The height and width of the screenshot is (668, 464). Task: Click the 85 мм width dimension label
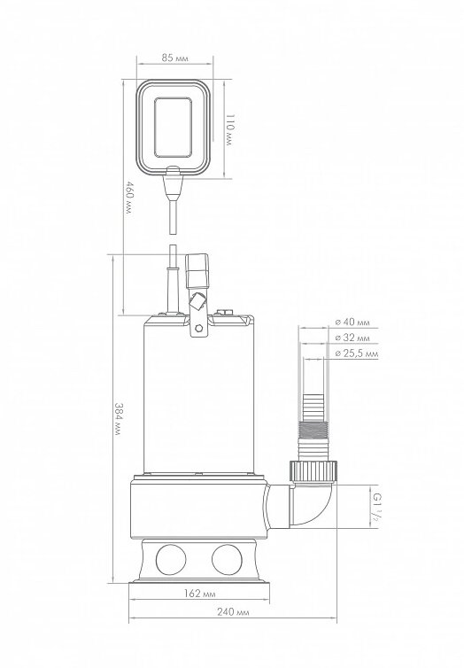click(174, 58)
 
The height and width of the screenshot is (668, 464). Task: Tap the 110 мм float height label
click(229, 130)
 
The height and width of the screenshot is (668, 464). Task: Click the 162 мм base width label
click(199, 593)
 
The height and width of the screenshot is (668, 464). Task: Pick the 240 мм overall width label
click(233, 612)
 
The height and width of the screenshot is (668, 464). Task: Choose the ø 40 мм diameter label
click(352, 322)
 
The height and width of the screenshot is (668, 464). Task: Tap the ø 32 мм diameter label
click(352, 338)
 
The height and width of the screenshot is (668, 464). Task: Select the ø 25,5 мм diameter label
click(357, 353)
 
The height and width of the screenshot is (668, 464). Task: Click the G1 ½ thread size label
click(376, 507)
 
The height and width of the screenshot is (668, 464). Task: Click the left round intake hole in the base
click(171, 559)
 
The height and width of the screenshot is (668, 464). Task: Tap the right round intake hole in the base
click(227, 559)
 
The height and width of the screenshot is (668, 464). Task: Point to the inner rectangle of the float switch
click(173, 128)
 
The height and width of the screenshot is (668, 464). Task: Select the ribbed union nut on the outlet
click(313, 470)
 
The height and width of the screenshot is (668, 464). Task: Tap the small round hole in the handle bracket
click(198, 329)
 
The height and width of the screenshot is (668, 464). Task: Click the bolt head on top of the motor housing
click(224, 313)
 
